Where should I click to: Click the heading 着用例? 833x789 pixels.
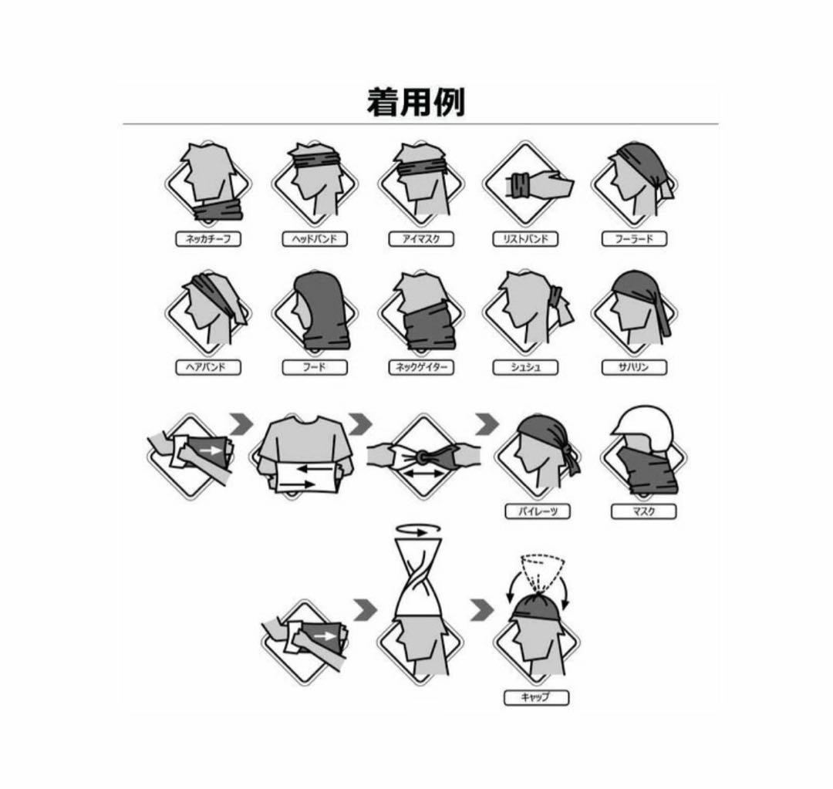tap(416, 103)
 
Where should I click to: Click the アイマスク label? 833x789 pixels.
tap(420, 239)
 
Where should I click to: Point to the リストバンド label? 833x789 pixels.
tap(525, 239)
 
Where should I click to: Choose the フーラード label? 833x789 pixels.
tap(634, 239)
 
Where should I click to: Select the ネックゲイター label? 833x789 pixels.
tap(420, 367)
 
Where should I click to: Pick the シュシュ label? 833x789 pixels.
tap(525, 367)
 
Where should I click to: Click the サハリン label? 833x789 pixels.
tap(634, 367)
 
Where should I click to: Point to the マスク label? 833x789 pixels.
tap(643, 511)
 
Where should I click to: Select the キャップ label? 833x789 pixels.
tap(537, 697)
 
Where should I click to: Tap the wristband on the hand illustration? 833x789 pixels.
tap(518, 186)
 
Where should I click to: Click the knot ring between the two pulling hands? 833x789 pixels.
tap(423, 458)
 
